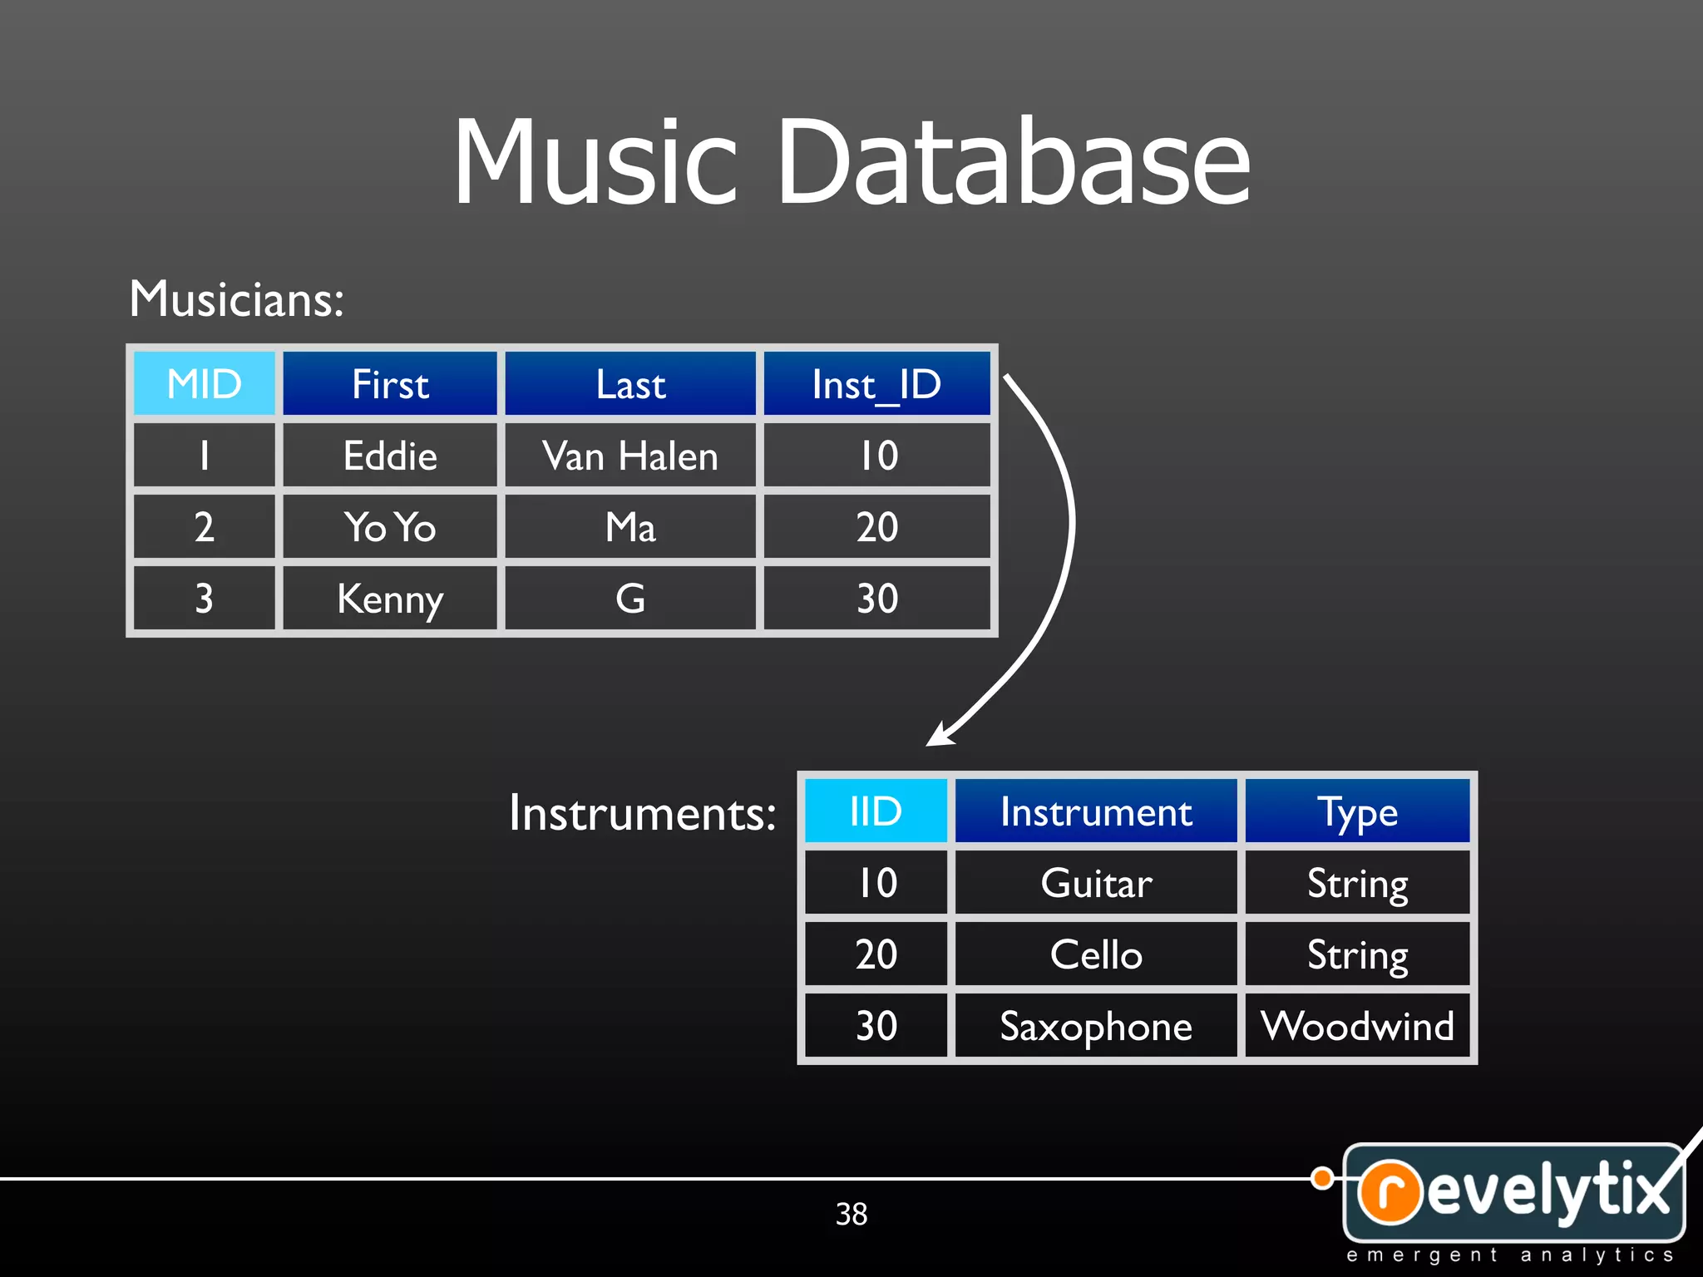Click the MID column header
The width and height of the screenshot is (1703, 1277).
(205, 383)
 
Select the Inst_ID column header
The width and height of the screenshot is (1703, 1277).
(876, 383)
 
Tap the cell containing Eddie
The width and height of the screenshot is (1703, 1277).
(390, 456)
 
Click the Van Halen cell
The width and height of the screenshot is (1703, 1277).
(630, 456)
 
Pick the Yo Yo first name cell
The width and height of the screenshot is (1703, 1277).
(390, 527)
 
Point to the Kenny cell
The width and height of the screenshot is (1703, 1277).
(390, 599)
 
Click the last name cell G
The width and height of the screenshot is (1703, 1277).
(630, 599)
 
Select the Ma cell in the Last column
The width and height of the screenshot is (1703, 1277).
(630, 527)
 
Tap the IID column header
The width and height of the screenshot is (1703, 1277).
(876, 811)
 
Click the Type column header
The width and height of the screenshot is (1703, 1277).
(1357, 811)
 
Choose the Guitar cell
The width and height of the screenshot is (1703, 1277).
(1096, 882)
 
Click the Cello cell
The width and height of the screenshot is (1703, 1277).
(1096, 954)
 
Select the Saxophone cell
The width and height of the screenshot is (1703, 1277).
(1096, 1026)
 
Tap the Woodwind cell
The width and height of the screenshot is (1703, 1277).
(1357, 1026)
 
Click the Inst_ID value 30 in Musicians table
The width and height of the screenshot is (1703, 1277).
(876, 599)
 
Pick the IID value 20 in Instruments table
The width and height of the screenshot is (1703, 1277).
(876, 954)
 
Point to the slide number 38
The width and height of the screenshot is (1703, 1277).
(851, 1214)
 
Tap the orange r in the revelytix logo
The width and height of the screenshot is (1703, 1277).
(1390, 1191)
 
